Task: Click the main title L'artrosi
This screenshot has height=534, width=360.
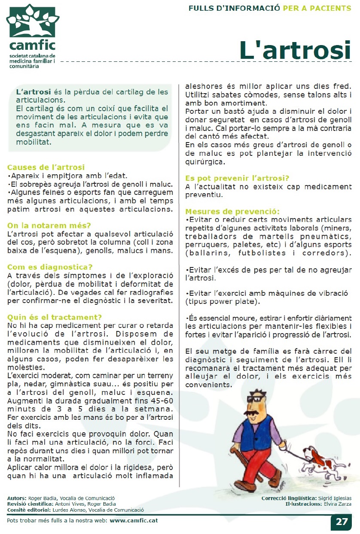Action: [295, 50]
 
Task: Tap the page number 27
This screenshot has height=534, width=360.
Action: [342, 522]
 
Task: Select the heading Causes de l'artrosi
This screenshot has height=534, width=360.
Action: [46, 167]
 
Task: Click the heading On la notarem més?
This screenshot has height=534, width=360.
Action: [49, 226]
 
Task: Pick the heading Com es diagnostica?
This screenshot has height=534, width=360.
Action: [50, 267]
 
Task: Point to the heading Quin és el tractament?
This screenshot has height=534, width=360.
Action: [55, 317]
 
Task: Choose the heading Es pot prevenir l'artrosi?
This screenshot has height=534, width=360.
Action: [237, 178]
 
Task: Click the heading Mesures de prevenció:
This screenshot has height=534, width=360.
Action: [232, 211]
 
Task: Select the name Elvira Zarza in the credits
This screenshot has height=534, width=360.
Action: [338, 504]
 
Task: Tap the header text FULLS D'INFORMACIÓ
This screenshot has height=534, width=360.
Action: [234, 8]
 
